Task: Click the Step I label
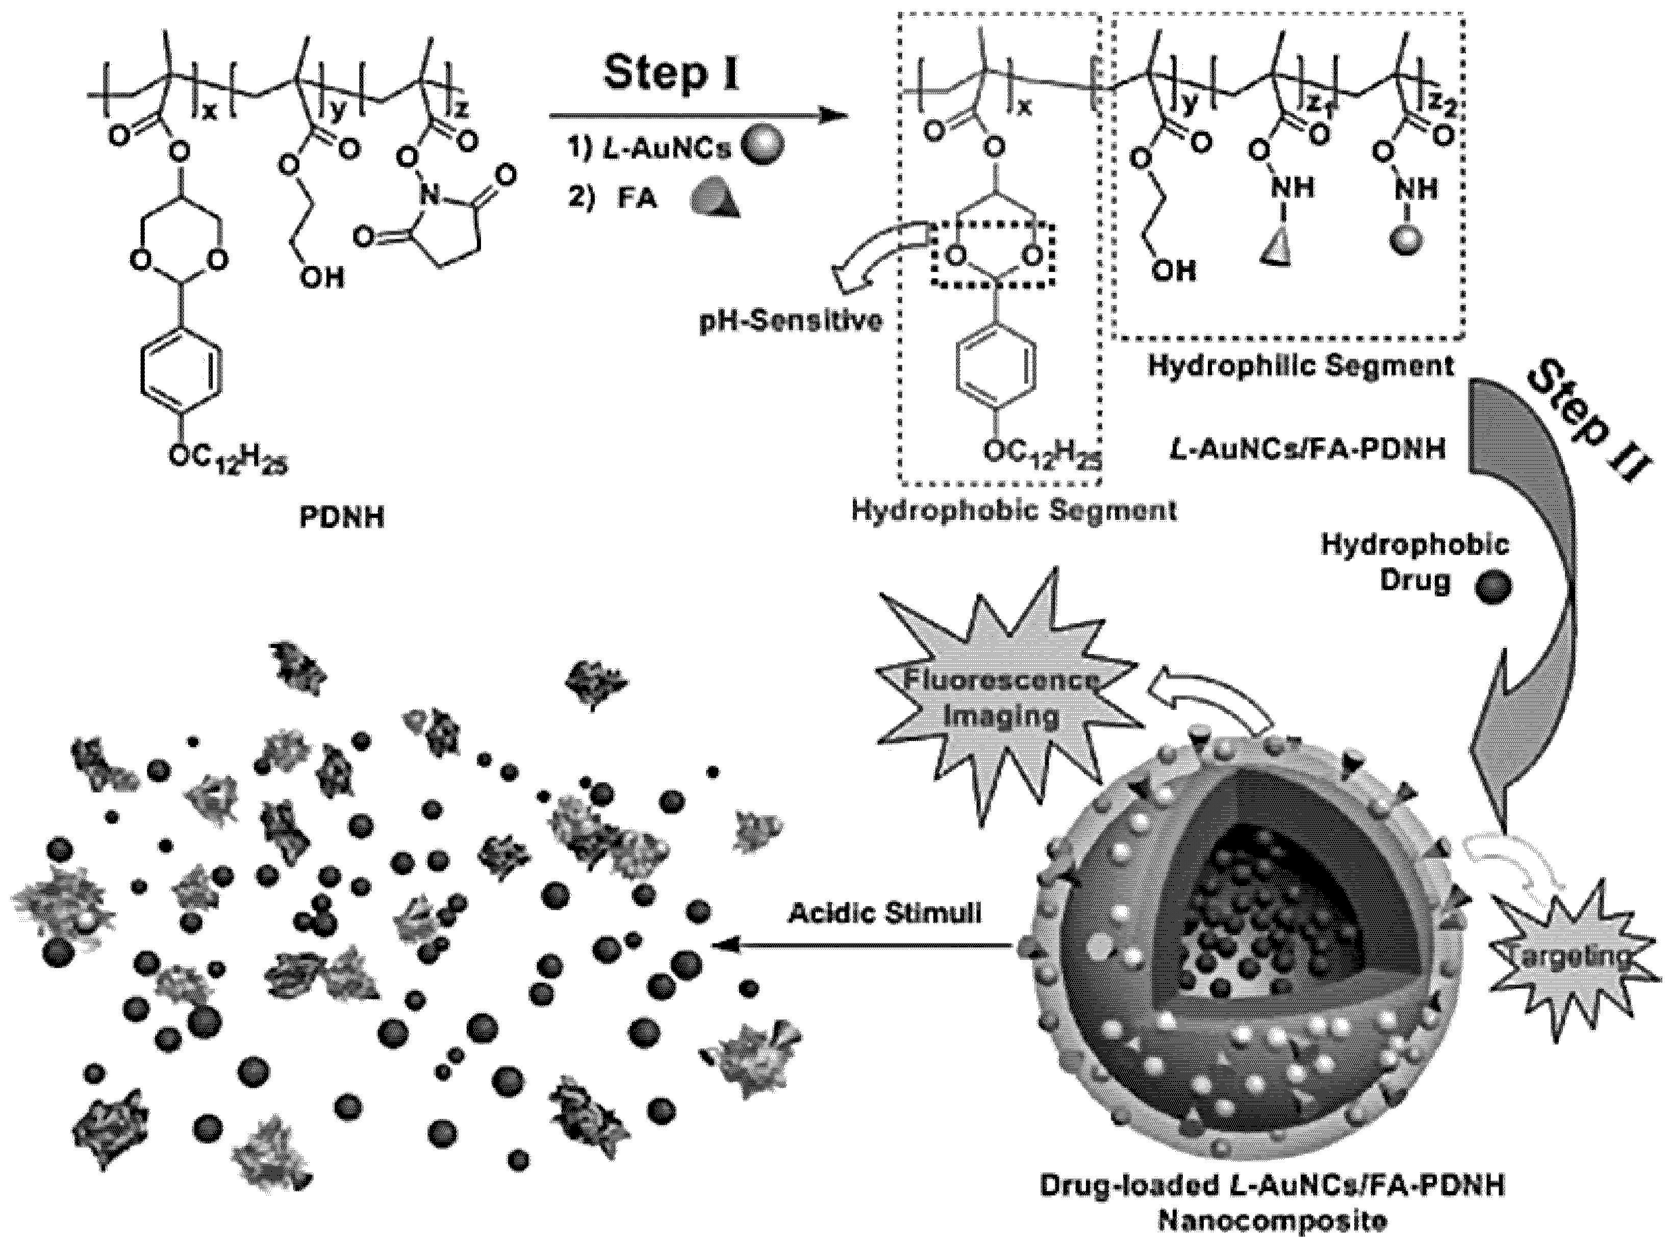672,75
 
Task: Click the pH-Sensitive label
790,321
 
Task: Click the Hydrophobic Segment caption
1015,510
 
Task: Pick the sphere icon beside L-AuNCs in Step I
762,146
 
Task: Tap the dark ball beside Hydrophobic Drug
1492,586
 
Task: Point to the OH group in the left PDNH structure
321,278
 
